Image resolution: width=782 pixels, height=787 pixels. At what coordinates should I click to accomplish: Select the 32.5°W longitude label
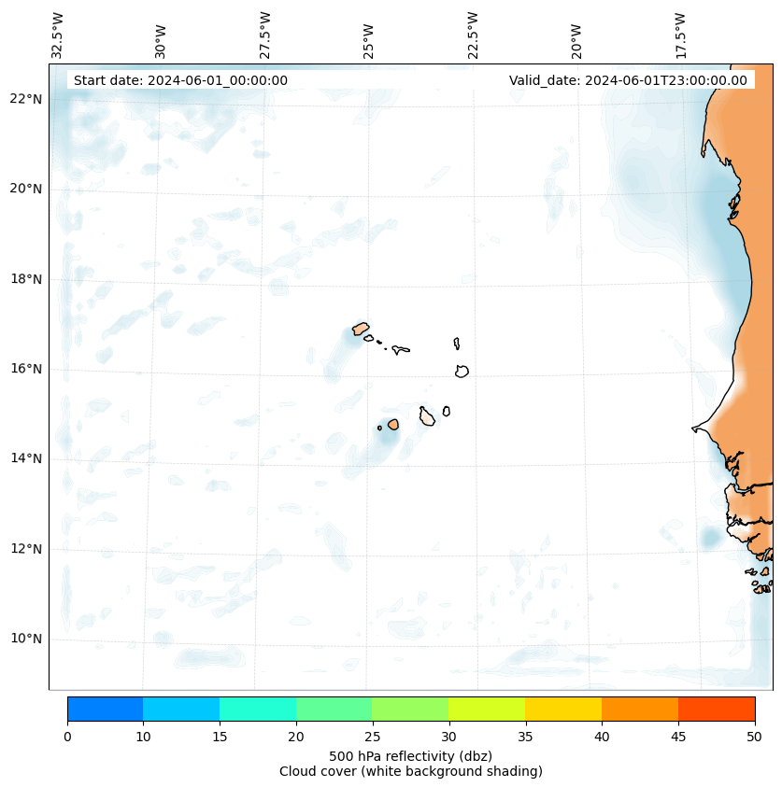59,35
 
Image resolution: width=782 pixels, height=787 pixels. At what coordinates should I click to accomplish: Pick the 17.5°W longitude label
680,35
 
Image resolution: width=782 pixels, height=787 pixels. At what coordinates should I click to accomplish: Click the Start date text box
180,80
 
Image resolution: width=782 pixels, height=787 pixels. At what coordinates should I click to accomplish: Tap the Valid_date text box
628,80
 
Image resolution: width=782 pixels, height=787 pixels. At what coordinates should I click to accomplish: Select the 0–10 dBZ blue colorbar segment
105,709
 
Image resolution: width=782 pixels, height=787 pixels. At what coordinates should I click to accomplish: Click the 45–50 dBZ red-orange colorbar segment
717,709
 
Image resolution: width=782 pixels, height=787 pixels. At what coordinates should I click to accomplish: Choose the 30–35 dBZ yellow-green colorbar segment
487,709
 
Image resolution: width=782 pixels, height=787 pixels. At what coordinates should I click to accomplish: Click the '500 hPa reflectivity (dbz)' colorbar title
410,755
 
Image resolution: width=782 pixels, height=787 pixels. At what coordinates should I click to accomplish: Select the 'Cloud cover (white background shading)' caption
410,771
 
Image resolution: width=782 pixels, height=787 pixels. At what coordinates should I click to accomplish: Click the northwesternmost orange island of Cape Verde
361,329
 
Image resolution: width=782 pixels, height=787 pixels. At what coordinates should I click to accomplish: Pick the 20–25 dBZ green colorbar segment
334,709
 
